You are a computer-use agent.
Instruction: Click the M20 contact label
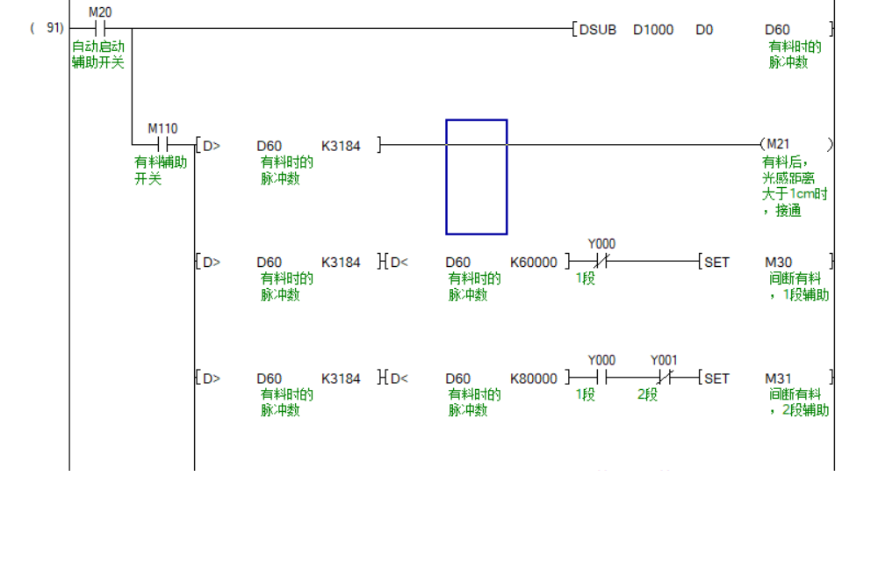pos(100,12)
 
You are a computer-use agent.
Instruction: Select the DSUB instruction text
pos(598,30)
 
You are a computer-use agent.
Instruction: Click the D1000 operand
pos(653,30)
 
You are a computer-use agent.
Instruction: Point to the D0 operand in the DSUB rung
pos(704,30)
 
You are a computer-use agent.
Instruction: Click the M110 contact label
pos(162,128)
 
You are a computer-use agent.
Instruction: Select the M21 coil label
pos(778,144)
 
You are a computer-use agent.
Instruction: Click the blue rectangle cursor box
pos(477,177)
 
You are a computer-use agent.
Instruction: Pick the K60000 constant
pos(534,262)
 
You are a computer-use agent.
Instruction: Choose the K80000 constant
pos(534,379)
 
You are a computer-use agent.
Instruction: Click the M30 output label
pos(778,262)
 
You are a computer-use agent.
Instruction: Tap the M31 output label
pos(778,379)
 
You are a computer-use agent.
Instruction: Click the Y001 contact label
pos(664,360)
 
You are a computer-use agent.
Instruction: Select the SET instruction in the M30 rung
pos(716,262)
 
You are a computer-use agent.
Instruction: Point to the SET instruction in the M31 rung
pos(716,379)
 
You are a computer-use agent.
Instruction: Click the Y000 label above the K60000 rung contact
pos(601,243)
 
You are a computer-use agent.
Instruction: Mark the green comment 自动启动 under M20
pos(98,47)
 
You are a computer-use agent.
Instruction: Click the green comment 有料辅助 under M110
pos(161,162)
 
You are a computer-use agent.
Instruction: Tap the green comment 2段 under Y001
pos(648,395)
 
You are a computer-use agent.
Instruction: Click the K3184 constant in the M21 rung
pos(341,145)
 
